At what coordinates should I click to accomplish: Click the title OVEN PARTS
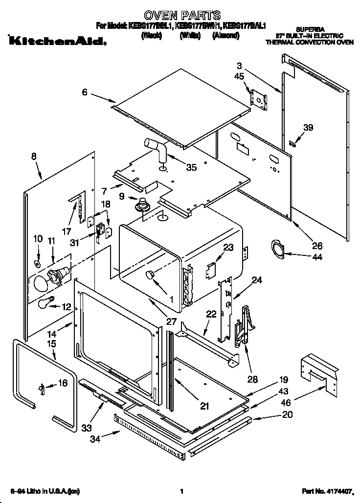(180, 16)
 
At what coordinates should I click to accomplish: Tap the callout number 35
(191, 167)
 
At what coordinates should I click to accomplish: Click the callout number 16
(62, 384)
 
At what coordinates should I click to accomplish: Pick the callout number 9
(121, 197)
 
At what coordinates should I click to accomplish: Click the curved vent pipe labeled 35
(157, 149)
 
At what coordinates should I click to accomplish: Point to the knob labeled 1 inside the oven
(151, 275)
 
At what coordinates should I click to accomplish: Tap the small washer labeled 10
(37, 264)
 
